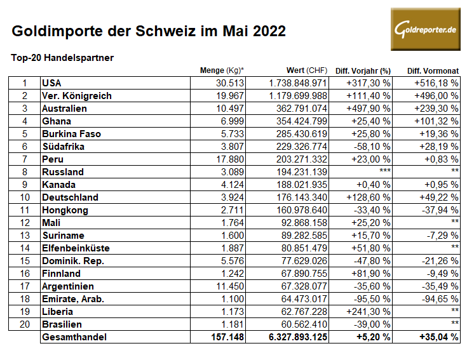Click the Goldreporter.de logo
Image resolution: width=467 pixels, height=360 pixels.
click(x=426, y=30)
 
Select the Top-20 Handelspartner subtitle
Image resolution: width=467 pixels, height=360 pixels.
click(x=62, y=58)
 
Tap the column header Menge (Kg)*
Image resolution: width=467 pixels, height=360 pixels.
click(x=222, y=70)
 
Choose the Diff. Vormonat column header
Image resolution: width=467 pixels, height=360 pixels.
click(x=433, y=70)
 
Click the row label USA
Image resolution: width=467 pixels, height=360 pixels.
click(x=51, y=83)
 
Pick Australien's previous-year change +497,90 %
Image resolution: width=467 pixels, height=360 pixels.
click(x=369, y=108)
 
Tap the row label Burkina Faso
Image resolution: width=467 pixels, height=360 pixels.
click(x=71, y=133)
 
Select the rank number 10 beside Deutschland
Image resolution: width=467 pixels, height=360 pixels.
click(x=25, y=197)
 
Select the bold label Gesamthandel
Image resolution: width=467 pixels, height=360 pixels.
click(x=74, y=337)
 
